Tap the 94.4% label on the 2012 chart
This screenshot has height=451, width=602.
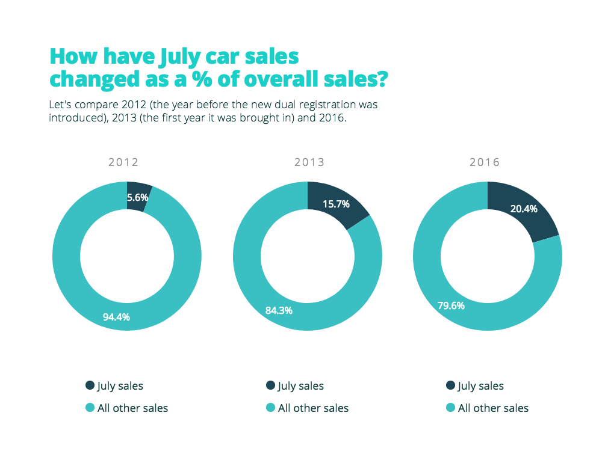pyautogui.click(x=116, y=317)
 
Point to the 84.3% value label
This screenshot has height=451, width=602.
pyautogui.click(x=279, y=310)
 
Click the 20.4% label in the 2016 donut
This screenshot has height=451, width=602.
pyautogui.click(x=523, y=209)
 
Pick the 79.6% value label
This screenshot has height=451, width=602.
pyautogui.click(x=451, y=305)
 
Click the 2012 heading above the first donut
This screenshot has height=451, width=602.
pyautogui.click(x=123, y=162)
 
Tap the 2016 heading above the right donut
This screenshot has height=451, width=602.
pyautogui.click(x=485, y=162)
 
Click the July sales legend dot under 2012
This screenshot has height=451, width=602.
pyautogui.click(x=90, y=385)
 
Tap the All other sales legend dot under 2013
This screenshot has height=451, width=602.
pyautogui.click(x=270, y=408)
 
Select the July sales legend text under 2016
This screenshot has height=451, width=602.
pyautogui.click(x=481, y=386)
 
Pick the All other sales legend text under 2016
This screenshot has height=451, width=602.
pyautogui.click(x=493, y=408)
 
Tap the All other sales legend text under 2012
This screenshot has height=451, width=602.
pyautogui.click(x=132, y=408)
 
